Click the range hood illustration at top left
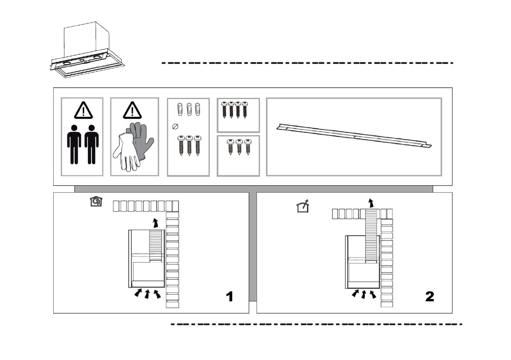(x=88, y=51)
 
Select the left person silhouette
(x=74, y=144)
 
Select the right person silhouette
(x=91, y=144)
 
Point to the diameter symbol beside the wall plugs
(x=174, y=126)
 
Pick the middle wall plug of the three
(x=188, y=109)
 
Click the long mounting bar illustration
(x=354, y=136)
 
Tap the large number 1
(x=230, y=296)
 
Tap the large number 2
(x=429, y=296)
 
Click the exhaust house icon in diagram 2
(x=303, y=207)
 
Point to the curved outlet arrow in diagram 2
(x=372, y=203)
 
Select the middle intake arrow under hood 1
(x=147, y=294)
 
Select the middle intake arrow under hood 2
(x=364, y=294)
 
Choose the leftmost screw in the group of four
(x=224, y=110)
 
